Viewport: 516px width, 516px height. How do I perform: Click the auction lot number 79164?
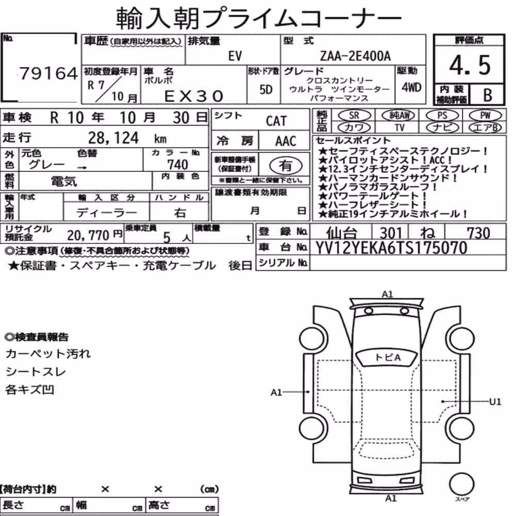click(x=49, y=73)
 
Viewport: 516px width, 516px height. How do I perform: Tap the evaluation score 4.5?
click(x=470, y=65)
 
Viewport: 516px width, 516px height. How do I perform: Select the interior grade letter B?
click(x=488, y=95)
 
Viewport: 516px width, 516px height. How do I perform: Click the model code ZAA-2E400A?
click(x=356, y=56)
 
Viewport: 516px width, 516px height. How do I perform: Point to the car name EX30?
click(x=194, y=96)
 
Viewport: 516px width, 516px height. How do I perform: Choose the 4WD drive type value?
click(x=411, y=87)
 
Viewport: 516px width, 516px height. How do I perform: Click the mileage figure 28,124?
click(x=114, y=138)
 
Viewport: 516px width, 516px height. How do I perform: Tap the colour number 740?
click(x=178, y=165)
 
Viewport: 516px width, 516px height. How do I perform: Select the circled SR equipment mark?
click(x=354, y=115)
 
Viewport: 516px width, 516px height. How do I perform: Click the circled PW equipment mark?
click(x=485, y=115)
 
